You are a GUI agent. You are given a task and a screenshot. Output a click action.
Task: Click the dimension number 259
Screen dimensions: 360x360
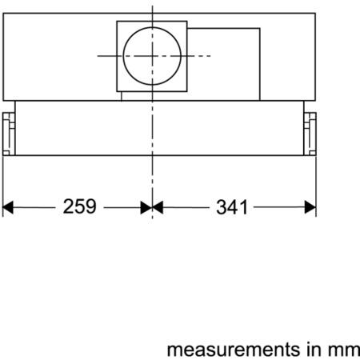coord(79,206)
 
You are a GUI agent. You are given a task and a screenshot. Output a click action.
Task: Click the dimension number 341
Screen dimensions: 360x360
coord(232,207)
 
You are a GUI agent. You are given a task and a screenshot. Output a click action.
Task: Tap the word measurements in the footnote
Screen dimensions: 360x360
coord(234,350)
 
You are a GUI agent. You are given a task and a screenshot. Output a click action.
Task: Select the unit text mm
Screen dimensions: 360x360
coord(343,350)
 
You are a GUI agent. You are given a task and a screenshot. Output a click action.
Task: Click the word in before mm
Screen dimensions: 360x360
coord(314,350)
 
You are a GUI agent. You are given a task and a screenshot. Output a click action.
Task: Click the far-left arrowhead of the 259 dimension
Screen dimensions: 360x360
coord(8,207)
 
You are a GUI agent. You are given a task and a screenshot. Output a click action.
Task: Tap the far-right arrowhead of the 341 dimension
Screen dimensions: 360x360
coord(310,207)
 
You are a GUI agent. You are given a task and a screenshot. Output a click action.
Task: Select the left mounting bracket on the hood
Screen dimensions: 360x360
coord(9,134)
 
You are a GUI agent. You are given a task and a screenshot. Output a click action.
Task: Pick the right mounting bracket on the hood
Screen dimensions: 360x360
coord(310,134)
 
